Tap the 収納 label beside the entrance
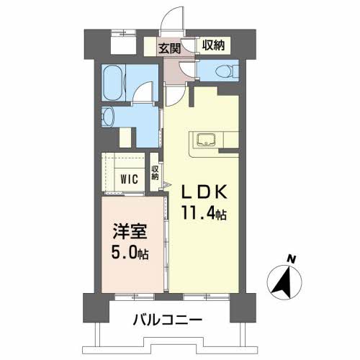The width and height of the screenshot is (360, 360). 212,45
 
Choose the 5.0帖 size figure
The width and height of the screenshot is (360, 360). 132,255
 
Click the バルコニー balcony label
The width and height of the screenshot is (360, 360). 166,319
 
